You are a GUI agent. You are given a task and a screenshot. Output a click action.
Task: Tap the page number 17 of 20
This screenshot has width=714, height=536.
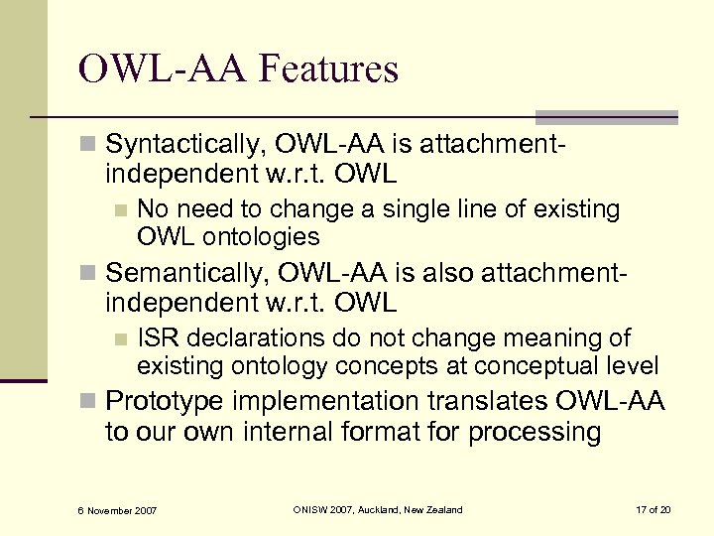[653, 510]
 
